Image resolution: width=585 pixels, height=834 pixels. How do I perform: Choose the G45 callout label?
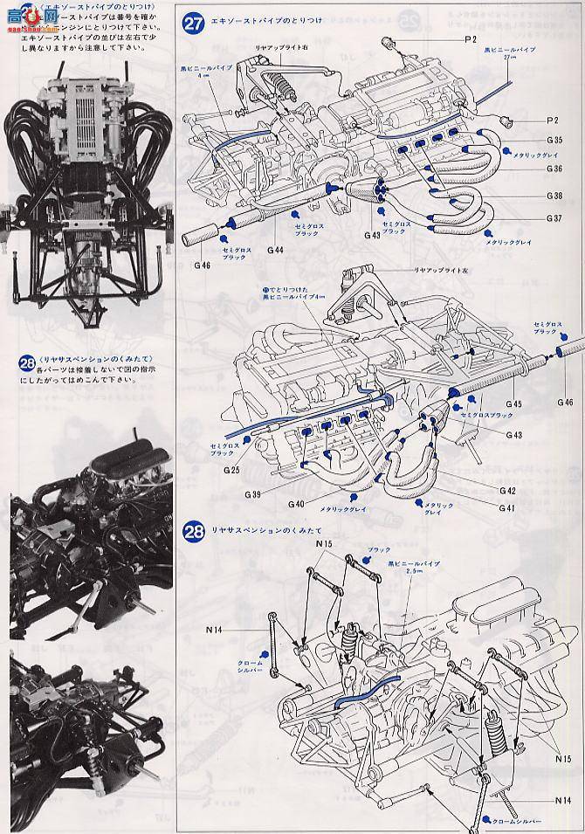513,403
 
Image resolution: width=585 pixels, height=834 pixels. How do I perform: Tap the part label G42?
507,491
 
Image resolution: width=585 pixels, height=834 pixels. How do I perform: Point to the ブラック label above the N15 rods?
379,550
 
